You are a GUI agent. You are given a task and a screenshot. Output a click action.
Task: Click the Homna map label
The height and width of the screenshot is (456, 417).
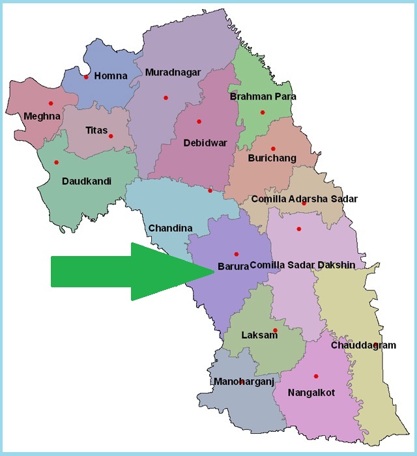tap(111, 76)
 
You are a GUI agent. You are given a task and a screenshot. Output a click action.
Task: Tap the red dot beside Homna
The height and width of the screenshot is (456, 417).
tap(86, 77)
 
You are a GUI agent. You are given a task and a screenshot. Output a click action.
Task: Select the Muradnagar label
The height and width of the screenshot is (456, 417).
tap(173, 72)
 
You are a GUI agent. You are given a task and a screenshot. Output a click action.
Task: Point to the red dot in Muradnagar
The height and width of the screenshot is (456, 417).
tap(165, 98)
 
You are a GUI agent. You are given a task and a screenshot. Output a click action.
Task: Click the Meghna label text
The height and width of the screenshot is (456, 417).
tap(42, 117)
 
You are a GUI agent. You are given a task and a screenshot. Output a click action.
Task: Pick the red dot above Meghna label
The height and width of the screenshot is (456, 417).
tap(50, 103)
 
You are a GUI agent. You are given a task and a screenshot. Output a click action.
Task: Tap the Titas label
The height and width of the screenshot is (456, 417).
tap(96, 130)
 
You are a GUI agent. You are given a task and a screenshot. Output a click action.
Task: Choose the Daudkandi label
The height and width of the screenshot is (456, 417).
tap(86, 180)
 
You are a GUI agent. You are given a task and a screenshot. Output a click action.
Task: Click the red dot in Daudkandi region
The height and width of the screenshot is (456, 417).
tap(56, 162)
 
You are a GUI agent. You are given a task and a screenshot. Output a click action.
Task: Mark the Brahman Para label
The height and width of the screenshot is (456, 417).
tap(263, 96)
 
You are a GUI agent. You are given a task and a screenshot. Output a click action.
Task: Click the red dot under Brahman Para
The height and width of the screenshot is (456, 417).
tap(263, 112)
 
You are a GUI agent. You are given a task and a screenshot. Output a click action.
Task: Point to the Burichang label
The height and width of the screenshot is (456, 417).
tap(272, 158)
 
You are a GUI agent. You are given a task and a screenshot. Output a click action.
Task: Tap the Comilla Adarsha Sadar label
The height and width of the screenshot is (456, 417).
tap(304, 199)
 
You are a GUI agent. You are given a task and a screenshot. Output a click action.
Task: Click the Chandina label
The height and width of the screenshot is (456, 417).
tap(170, 228)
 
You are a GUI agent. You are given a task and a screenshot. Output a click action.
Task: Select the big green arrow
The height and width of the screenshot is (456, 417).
tap(130, 271)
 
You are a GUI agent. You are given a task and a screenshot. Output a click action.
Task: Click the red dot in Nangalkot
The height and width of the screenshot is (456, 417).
tap(316, 376)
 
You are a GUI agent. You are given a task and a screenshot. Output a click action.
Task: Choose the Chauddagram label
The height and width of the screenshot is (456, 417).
tap(363, 345)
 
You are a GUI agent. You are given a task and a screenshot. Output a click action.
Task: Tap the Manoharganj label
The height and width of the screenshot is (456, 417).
tap(244, 381)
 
